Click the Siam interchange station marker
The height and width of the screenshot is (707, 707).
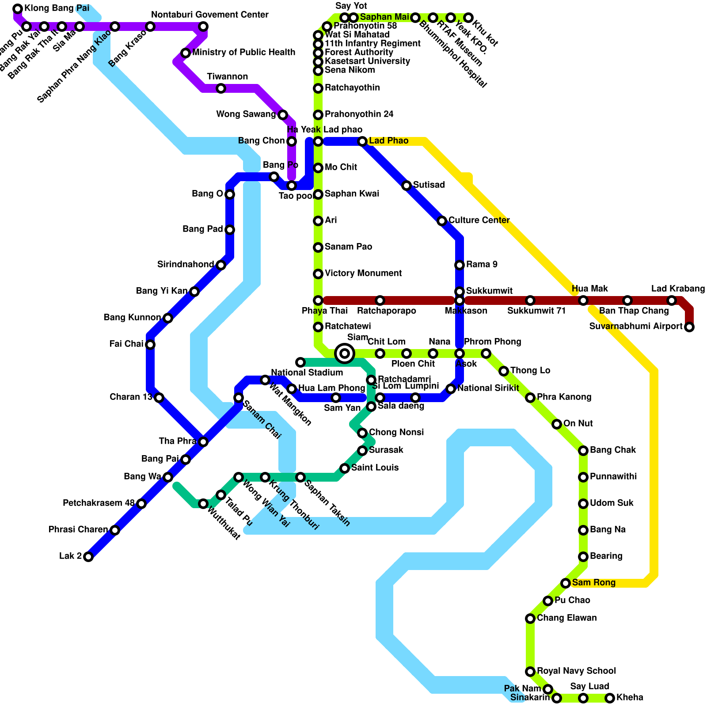[345, 353]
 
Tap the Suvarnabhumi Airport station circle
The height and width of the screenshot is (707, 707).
[689, 327]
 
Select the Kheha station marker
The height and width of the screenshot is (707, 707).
[610, 698]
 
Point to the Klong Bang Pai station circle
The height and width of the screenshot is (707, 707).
[18, 9]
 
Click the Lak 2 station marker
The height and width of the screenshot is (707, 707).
[88, 557]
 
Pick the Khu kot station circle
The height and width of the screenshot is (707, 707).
[468, 18]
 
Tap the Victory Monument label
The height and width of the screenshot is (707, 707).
[363, 274]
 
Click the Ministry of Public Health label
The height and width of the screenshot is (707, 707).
[243, 53]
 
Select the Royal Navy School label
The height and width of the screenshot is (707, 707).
[576, 671]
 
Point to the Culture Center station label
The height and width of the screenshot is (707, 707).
[479, 220]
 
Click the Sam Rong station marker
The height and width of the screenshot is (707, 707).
[566, 583]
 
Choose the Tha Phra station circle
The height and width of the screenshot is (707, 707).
[203, 442]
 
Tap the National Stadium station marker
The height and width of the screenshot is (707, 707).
[300, 362]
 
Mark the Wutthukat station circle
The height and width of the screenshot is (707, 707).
[203, 504]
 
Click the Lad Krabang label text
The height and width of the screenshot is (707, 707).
[678, 289]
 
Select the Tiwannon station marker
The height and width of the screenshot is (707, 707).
[221, 88]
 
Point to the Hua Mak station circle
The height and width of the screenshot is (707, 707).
[583, 300]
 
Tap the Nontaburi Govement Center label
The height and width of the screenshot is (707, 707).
[209, 15]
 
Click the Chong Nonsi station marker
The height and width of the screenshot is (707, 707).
[362, 433]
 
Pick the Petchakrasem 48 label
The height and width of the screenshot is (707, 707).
[99, 503]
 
